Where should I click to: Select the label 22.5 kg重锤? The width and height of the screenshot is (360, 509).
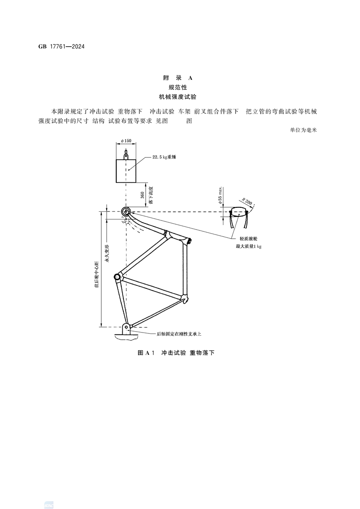point(164,157)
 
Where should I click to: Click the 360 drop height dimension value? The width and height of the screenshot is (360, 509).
point(142,196)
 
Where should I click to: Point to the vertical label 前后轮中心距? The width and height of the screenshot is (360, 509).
point(96,274)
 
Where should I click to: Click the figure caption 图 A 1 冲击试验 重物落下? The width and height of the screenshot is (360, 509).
point(175,352)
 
